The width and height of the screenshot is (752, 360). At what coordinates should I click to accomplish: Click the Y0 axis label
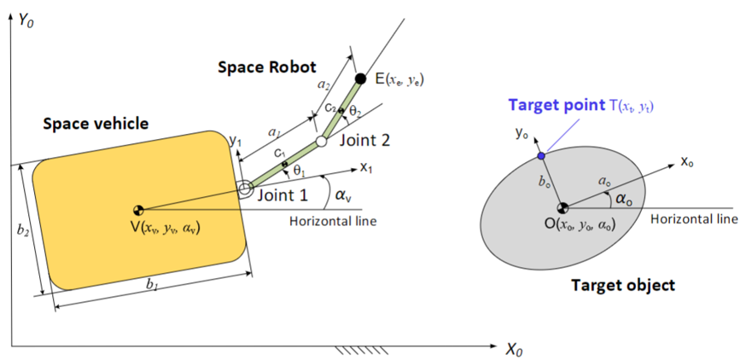click(31, 16)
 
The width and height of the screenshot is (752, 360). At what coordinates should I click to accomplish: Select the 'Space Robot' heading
click(265, 67)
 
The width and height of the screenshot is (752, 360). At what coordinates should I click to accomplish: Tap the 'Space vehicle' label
click(95, 125)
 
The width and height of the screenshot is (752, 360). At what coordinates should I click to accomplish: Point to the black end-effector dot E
click(360, 79)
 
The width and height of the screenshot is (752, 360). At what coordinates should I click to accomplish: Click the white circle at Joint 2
click(322, 141)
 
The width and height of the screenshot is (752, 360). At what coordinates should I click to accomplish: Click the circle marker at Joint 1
click(244, 190)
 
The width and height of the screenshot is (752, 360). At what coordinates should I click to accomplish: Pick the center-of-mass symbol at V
click(138, 209)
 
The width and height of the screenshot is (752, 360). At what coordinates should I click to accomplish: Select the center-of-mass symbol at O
click(562, 207)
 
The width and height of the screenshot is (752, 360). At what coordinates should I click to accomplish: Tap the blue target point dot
click(540, 156)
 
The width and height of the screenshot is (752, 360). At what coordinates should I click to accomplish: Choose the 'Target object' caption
click(622, 284)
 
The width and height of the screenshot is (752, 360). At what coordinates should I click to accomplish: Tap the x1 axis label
click(368, 168)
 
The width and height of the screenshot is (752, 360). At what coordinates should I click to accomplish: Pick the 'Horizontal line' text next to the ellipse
click(694, 218)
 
